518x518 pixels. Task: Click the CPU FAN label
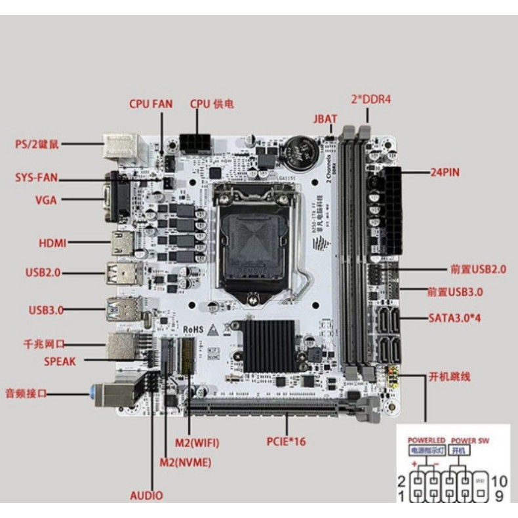tap(150, 104)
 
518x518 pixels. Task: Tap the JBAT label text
tap(325, 119)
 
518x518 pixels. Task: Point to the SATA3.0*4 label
tap(460, 317)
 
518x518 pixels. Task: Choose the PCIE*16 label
tap(287, 441)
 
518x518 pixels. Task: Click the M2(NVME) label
tap(186, 462)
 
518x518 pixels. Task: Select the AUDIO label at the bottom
tap(147, 496)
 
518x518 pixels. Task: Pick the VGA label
tap(45, 200)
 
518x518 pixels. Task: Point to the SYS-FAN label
tap(37, 178)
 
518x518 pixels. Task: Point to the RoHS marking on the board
tap(186, 330)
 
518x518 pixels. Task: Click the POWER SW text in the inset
tap(469, 441)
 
